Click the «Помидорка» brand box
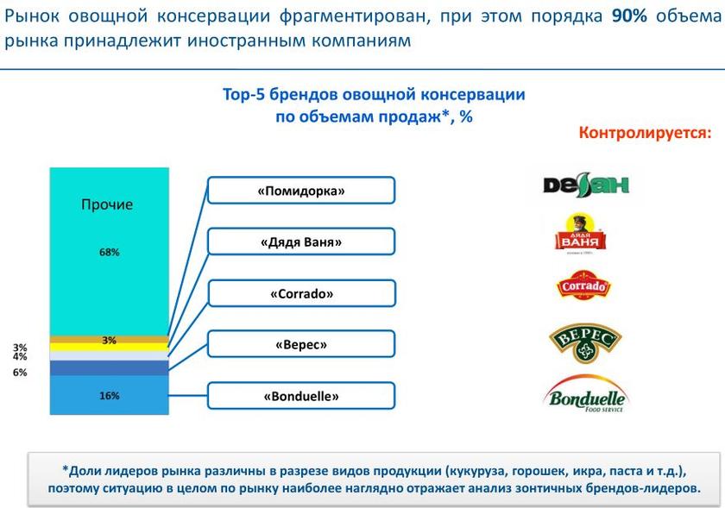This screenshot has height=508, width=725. [x=301, y=190]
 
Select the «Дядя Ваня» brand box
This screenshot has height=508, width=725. [x=301, y=241]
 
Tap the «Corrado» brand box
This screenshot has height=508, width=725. [x=301, y=293]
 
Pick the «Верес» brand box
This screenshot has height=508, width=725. [x=301, y=344]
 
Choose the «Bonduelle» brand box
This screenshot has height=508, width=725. [x=301, y=396]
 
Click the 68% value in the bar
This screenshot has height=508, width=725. [x=109, y=252]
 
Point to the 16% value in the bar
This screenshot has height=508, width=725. [x=109, y=396]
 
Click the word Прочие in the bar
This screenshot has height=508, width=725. [x=107, y=204]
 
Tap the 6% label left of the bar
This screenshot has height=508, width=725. [x=20, y=373]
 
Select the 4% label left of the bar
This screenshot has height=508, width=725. [x=20, y=357]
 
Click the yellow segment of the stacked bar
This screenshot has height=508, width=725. [x=109, y=347]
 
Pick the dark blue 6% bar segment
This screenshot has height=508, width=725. [x=109, y=368]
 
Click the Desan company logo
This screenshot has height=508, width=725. [x=586, y=185]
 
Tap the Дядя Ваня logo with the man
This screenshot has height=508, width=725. [x=579, y=234]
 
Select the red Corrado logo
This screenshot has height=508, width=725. [x=583, y=285]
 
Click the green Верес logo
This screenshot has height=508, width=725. [x=585, y=343]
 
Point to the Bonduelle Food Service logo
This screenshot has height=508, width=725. [x=586, y=394]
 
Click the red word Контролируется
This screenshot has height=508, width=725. [x=645, y=133]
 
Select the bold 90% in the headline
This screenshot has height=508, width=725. [x=629, y=16]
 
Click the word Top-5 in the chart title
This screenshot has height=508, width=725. [x=243, y=95]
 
